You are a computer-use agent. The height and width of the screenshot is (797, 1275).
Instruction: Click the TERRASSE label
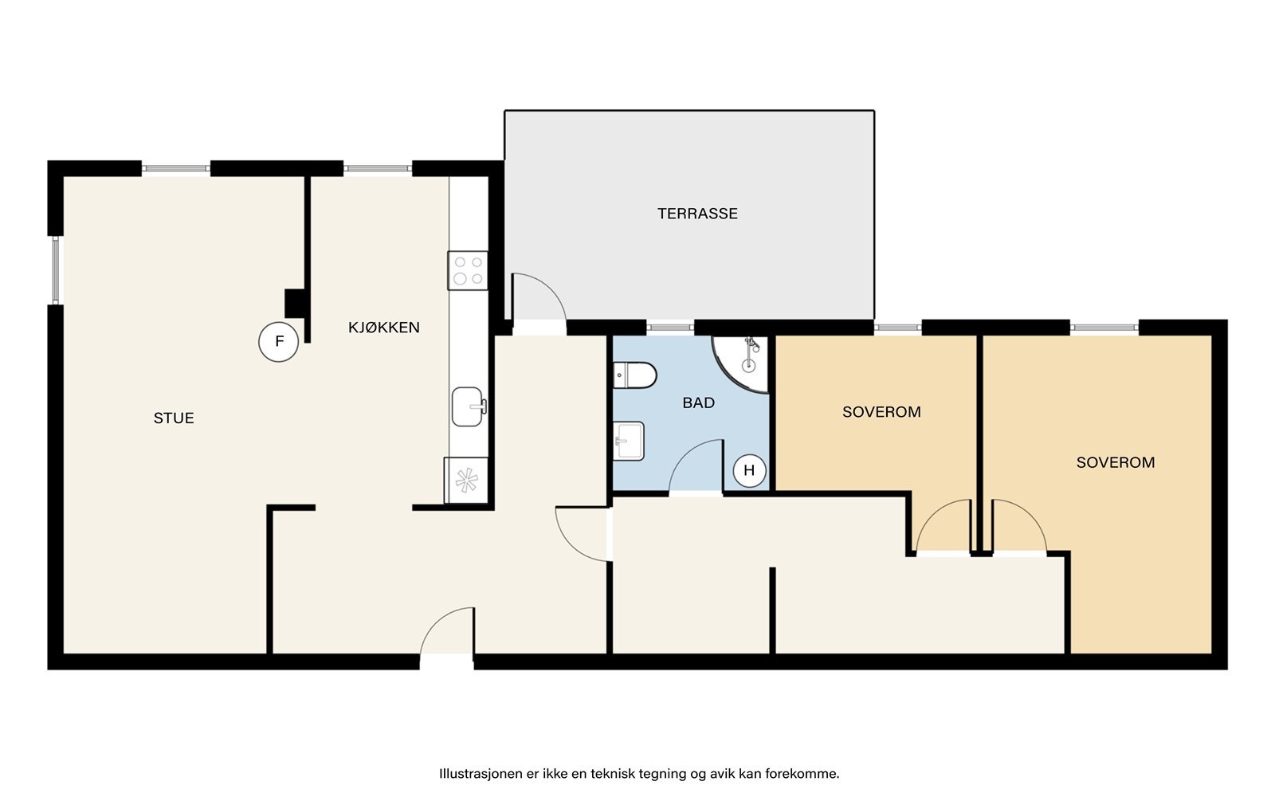(x=697, y=214)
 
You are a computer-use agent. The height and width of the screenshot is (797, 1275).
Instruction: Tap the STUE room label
(x=174, y=418)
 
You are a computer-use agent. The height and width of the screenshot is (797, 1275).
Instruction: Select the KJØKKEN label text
(x=383, y=327)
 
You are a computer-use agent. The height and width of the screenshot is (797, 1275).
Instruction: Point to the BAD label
(x=698, y=403)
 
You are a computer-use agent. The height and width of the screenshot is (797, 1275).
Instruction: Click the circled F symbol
(x=278, y=342)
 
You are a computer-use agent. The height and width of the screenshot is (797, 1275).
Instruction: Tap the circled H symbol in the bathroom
(x=749, y=470)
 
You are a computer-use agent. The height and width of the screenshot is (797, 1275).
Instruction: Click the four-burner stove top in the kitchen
(x=468, y=270)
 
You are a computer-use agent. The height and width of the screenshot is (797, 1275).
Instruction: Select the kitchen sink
(x=469, y=406)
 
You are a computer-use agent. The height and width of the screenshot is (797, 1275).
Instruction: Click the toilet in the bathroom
(x=634, y=375)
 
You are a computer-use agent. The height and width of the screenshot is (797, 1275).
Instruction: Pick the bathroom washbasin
(x=629, y=441)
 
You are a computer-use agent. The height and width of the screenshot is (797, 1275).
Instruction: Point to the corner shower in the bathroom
(x=740, y=363)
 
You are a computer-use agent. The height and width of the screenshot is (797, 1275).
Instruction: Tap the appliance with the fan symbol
(x=466, y=480)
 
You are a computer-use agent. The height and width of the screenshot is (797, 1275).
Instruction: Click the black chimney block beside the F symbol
(x=295, y=304)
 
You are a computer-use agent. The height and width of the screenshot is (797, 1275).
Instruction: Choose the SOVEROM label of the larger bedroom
(x=1116, y=462)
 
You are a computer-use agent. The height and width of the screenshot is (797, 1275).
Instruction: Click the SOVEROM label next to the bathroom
(x=881, y=412)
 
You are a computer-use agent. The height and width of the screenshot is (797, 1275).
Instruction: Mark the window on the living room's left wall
(x=55, y=270)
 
